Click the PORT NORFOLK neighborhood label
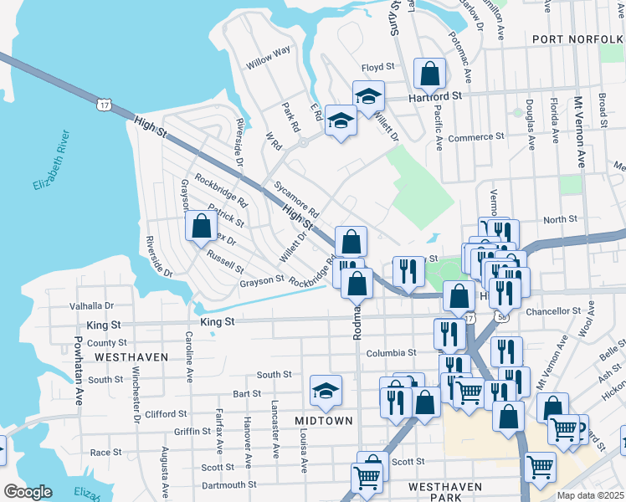(x=577, y=39)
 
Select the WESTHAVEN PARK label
(x=447, y=492)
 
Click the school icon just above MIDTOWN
(x=326, y=389)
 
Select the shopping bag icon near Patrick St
(x=201, y=226)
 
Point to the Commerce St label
(x=476, y=137)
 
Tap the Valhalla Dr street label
(x=92, y=306)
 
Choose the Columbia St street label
(x=390, y=353)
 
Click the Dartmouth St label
(x=228, y=484)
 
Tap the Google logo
(x=28, y=492)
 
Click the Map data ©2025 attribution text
(x=591, y=495)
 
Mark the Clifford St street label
(x=166, y=413)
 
